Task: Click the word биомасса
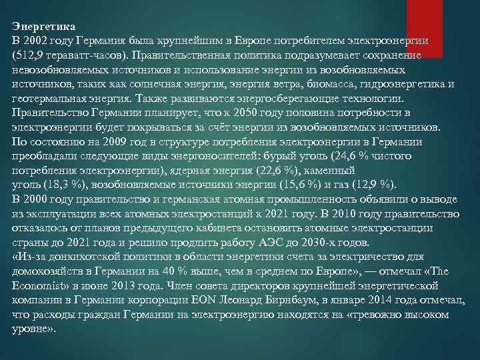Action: (x=328, y=84)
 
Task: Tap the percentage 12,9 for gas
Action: (x=369, y=184)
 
